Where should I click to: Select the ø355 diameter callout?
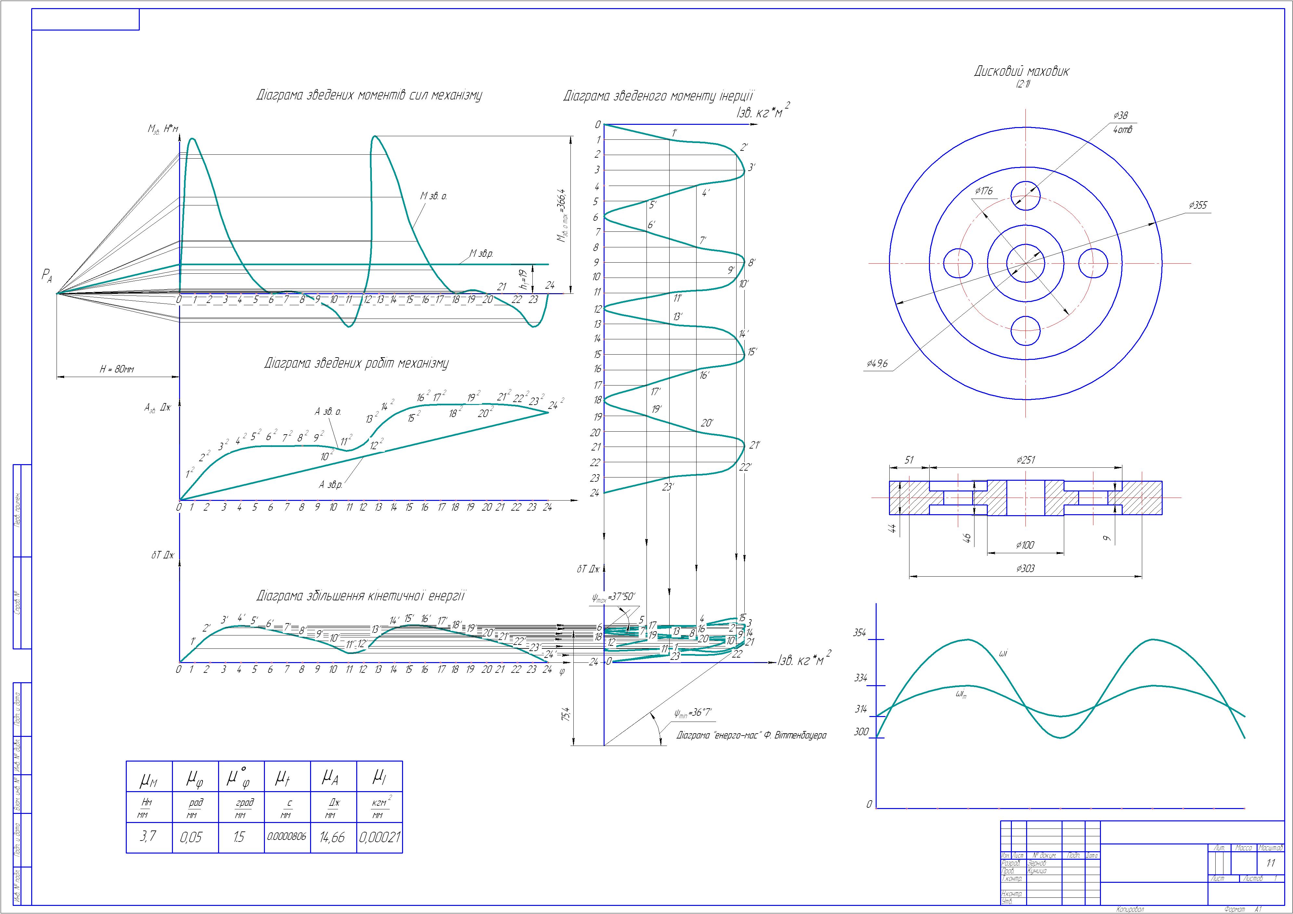pos(1198,205)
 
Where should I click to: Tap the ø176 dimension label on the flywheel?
pos(984,191)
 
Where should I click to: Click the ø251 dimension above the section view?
pos(1025,460)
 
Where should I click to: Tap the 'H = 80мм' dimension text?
pos(117,370)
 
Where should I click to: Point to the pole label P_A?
pos(47,276)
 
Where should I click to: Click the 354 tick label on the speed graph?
pos(859,633)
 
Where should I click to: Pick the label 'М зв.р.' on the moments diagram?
pos(481,254)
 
